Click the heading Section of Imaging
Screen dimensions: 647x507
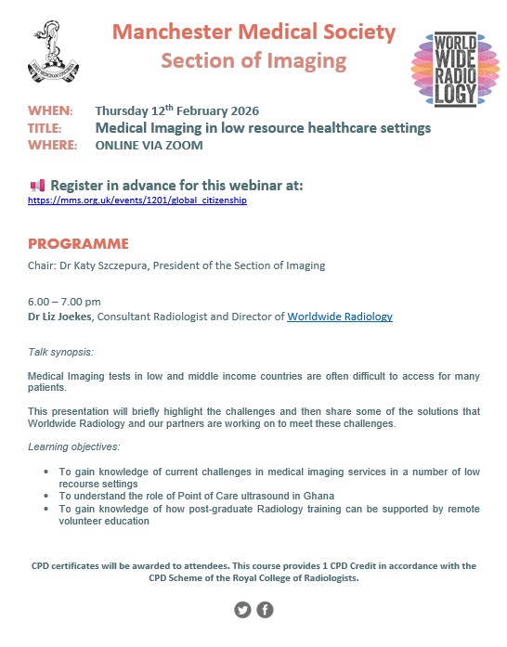click(x=253, y=61)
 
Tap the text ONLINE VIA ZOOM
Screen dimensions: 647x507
click(x=149, y=145)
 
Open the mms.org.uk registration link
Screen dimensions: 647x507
click(x=137, y=200)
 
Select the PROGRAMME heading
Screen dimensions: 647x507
click(x=78, y=244)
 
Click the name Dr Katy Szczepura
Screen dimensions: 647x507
click(x=108, y=265)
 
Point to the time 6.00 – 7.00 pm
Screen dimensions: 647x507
click(x=64, y=302)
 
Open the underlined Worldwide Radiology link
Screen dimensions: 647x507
click(x=339, y=317)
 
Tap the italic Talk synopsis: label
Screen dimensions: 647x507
click(x=60, y=352)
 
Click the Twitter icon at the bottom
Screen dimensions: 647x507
click(x=243, y=610)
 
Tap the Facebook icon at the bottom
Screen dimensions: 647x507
click(x=265, y=610)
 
